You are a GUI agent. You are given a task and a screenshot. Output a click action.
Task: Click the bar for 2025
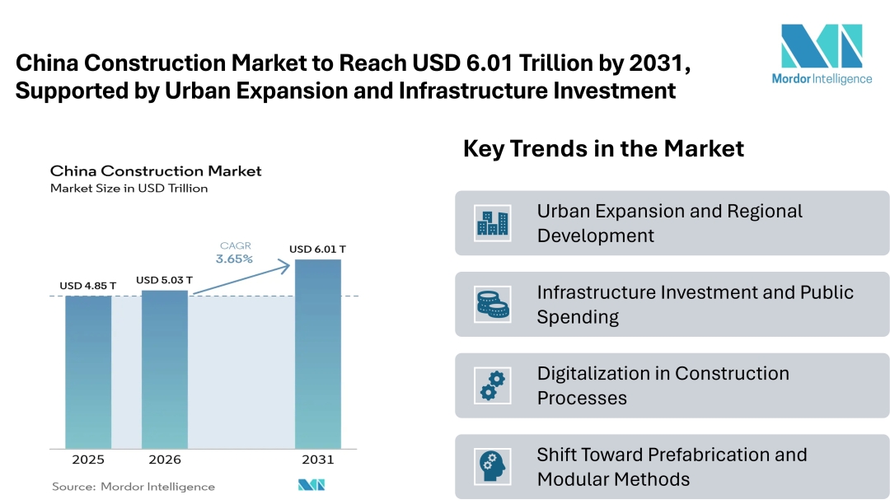point(88,371)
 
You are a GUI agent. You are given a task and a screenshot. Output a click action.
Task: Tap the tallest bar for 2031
point(318,354)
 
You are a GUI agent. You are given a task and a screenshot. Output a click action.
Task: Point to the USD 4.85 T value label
point(88,286)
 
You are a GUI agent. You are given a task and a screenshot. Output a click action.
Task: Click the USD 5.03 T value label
point(165,280)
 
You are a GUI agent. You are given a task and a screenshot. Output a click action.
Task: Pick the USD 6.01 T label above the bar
point(318,249)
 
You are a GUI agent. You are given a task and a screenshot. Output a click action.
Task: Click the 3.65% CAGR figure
point(235,259)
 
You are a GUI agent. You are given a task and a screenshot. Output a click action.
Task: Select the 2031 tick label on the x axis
point(318,460)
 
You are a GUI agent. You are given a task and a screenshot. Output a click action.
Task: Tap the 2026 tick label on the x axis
point(165,460)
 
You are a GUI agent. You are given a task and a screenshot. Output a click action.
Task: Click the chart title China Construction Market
point(156,171)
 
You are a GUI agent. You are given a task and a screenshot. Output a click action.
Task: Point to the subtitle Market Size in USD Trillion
point(129,189)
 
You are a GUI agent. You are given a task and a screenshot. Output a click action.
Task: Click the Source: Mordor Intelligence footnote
point(133,487)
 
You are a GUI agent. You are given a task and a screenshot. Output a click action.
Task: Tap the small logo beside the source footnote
point(311,485)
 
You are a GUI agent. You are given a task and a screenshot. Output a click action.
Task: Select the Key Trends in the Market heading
point(603,149)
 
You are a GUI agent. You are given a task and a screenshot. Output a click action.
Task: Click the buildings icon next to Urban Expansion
point(493,223)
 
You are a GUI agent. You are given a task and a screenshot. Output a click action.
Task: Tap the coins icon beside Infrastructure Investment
point(493,305)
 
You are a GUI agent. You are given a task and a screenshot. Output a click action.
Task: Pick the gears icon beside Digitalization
point(493,385)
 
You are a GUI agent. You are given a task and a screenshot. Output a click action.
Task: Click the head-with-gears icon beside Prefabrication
point(493,467)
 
